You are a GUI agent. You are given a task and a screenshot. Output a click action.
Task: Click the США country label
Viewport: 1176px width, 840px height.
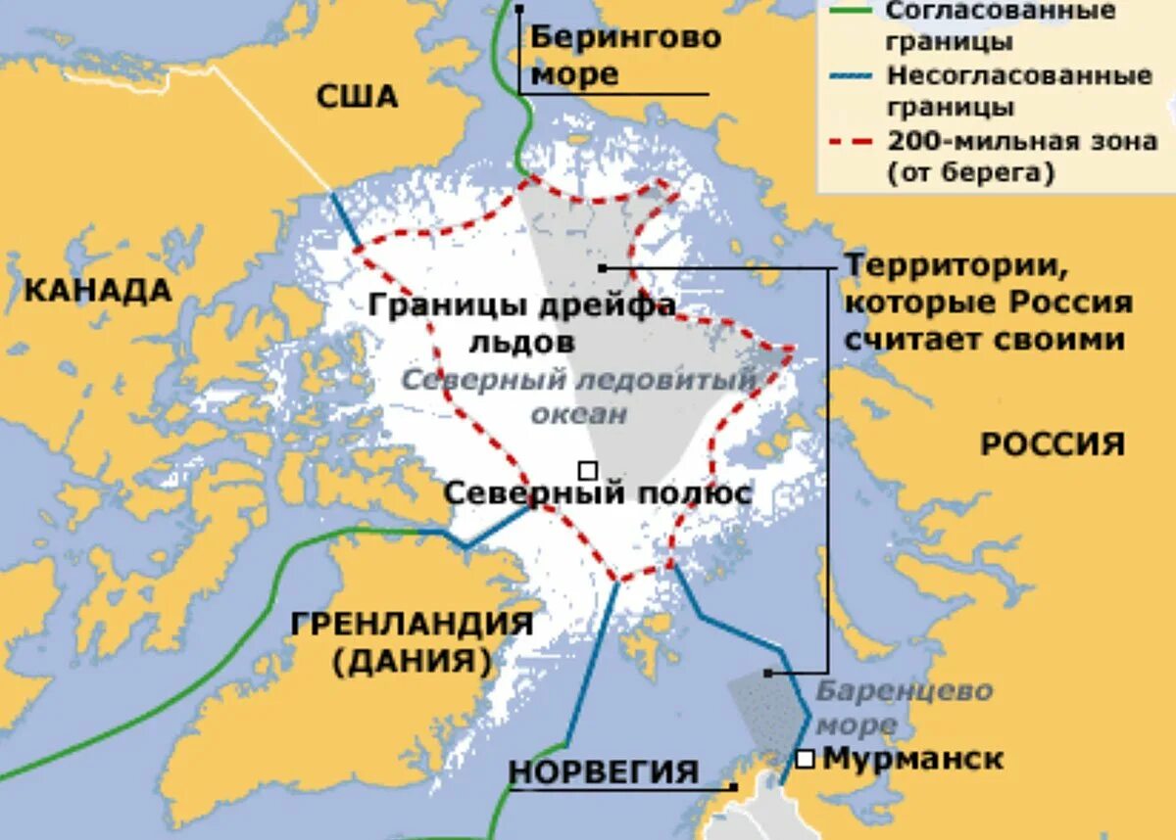click(x=357, y=97)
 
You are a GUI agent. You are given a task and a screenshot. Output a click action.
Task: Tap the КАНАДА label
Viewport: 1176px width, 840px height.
click(x=97, y=290)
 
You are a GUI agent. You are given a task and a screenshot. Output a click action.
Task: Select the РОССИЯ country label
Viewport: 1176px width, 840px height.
click(x=1053, y=444)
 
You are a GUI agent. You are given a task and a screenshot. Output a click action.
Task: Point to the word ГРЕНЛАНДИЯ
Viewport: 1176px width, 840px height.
click(x=412, y=624)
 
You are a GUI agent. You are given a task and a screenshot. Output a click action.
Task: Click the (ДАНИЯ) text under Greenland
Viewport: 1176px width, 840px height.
click(x=412, y=662)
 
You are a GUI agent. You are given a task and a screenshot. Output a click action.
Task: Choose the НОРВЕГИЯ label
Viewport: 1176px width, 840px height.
click(x=604, y=771)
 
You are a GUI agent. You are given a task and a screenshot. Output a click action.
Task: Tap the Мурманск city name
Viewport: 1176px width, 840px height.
click(x=912, y=759)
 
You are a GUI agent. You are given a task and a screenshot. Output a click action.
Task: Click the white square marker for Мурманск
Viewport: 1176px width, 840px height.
click(x=806, y=759)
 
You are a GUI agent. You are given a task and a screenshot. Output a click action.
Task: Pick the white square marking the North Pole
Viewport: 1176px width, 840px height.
click(x=587, y=471)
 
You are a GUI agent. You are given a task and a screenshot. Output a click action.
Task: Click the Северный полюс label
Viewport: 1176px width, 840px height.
click(x=598, y=492)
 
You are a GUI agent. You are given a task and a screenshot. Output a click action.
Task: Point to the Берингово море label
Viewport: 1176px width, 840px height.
click(x=624, y=55)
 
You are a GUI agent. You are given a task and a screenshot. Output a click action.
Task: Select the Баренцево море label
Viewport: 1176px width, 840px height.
click(x=904, y=707)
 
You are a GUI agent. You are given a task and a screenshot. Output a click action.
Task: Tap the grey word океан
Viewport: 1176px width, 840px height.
click(x=579, y=413)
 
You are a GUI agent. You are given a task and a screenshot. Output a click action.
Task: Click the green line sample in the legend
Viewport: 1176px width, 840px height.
click(x=851, y=12)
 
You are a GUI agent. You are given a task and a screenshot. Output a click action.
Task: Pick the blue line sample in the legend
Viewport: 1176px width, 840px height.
click(x=851, y=76)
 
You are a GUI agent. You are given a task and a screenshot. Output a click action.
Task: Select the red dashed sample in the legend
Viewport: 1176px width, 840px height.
click(x=851, y=141)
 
